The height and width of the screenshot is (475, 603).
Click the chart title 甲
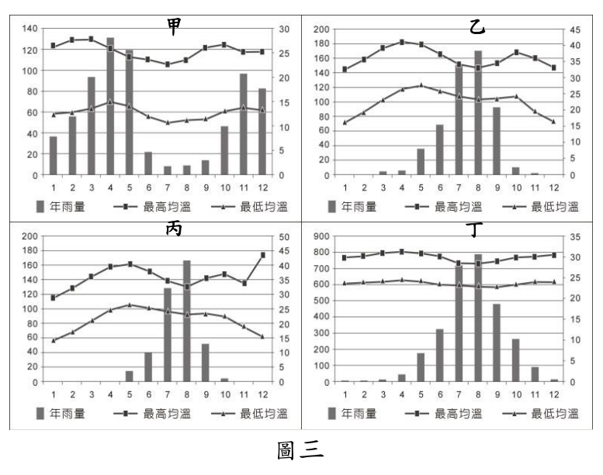[x=174, y=27]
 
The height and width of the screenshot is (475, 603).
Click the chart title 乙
[x=477, y=27]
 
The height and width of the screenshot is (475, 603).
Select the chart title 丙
[x=174, y=229]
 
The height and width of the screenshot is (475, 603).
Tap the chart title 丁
[x=474, y=229]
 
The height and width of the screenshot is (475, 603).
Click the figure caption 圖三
[x=300, y=450]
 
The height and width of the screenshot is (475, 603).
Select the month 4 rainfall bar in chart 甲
[x=110, y=106]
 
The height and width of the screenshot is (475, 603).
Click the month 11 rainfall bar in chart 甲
[x=244, y=125]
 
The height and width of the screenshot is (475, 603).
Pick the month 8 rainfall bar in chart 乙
[x=478, y=113]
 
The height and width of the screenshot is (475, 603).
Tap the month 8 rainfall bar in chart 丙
[x=186, y=321]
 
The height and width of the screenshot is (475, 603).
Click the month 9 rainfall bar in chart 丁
[x=497, y=343]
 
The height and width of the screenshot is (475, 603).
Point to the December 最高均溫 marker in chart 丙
[x=263, y=255]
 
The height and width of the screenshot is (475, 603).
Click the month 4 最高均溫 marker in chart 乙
[x=402, y=43]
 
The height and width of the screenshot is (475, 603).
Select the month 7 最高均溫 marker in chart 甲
[x=168, y=64]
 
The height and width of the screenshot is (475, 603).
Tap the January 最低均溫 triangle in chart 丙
[x=54, y=340]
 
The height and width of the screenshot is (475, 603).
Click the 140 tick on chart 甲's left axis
[x=29, y=29]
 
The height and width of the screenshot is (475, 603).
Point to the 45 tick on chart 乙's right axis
[x=575, y=30]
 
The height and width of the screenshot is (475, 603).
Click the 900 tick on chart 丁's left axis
[x=321, y=236]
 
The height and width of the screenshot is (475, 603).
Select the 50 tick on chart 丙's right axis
[x=284, y=237]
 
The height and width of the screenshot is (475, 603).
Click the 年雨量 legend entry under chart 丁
[x=352, y=414]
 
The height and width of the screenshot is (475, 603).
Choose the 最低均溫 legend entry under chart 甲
[x=249, y=207]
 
